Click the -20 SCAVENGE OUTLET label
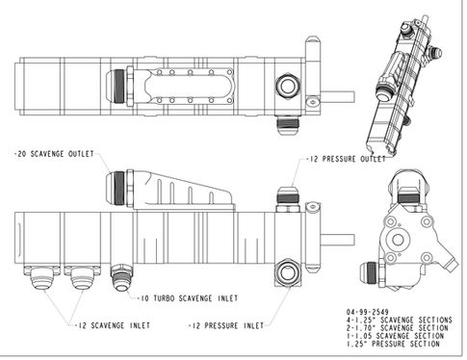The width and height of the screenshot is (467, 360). tap(54, 154)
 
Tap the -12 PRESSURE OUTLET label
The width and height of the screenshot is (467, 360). tap(346, 159)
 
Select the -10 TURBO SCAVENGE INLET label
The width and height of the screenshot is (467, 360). tap(188, 298)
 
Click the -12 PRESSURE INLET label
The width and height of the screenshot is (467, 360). tap(226, 326)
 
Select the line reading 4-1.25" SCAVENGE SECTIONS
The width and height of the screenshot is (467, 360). tap(399, 320)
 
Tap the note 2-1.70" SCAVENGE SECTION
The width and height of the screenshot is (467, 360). tap(397, 328)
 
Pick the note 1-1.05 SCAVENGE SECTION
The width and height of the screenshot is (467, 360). tap(395, 336)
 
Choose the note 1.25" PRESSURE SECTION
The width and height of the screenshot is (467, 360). tap(393, 344)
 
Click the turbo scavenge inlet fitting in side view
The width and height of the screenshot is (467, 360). tap(121, 277)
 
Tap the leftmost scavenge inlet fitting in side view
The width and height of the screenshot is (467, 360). tap(41, 277)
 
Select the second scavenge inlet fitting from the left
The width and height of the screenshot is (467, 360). tap(82, 277)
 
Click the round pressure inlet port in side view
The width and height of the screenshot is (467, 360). tap(288, 273)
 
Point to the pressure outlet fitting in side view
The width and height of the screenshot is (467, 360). tap(288, 199)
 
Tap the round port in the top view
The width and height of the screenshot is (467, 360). tap(288, 87)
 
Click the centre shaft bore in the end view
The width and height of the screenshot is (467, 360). tap(398, 240)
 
